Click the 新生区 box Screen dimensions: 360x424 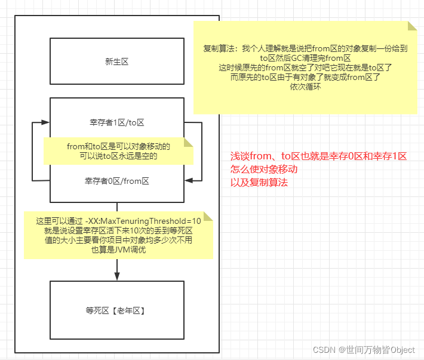coord(116,61)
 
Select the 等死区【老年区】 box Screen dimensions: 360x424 coord(116,310)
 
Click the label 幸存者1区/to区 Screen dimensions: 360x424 coord(116,122)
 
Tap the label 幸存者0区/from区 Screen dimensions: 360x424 coord(116,180)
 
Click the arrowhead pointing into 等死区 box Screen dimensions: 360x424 coord(117,276)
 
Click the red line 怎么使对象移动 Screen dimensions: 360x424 coord(264,170)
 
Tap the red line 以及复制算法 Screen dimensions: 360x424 coord(259,182)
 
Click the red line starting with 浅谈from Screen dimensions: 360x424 coord(318,156)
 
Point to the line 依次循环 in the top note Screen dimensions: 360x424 coord(305,87)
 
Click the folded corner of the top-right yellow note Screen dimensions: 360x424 coord(412,26)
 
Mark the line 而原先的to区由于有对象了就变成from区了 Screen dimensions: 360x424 coord(305,77)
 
